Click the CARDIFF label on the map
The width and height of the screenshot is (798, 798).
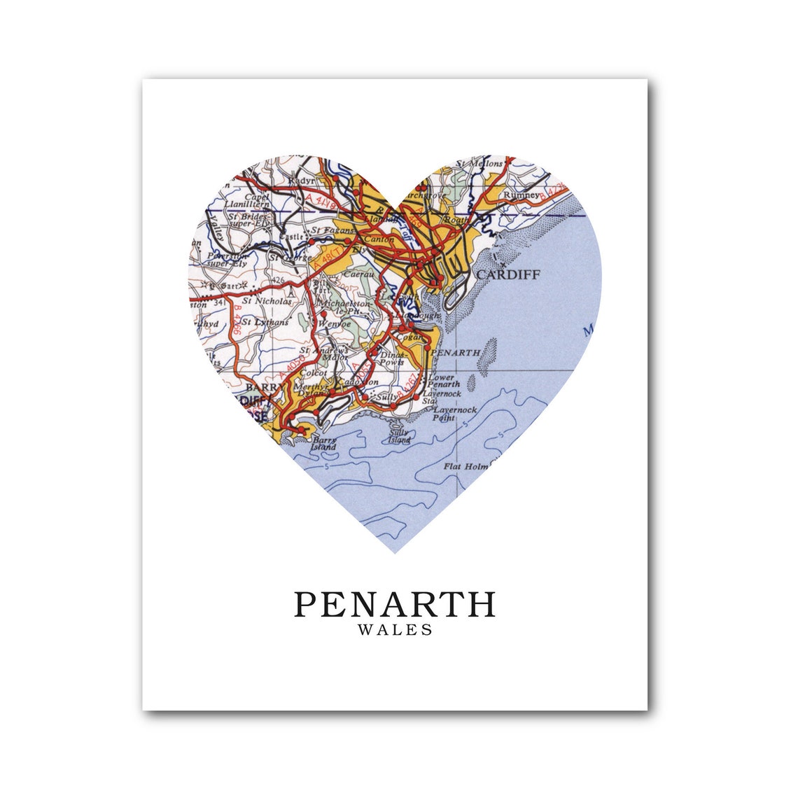tap(508, 274)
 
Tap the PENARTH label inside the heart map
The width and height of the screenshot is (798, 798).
tap(457, 353)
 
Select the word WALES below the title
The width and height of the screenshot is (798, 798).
tap(395, 630)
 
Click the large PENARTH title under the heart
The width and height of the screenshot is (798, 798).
tap(395, 604)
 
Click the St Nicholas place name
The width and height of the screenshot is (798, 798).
tap(265, 301)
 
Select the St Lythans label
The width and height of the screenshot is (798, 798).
tap(265, 322)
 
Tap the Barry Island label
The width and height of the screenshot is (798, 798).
tap(325, 443)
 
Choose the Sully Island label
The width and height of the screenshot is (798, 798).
tap(399, 437)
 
